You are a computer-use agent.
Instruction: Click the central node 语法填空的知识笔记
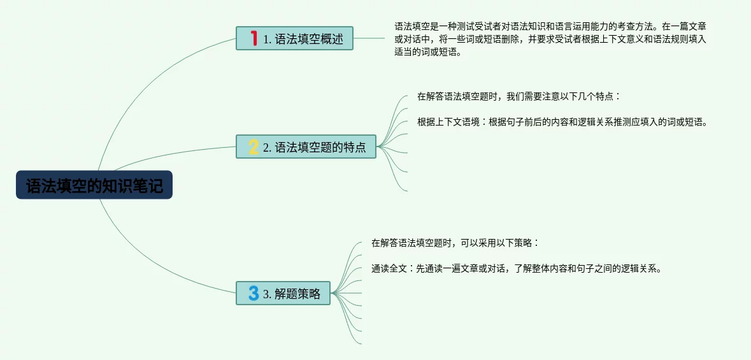[94, 185]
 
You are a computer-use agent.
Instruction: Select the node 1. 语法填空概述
[294, 38]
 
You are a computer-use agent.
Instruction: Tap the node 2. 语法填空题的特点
[306, 147]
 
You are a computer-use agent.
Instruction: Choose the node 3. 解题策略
[283, 293]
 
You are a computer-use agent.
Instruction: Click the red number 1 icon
[254, 38]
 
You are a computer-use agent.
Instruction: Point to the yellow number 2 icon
[254, 147]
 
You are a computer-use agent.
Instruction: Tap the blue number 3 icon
[254, 293]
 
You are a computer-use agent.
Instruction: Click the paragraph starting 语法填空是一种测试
[550, 40]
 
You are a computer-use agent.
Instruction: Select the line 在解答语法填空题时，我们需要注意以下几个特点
[519, 97]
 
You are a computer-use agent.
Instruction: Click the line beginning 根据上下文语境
[562, 122]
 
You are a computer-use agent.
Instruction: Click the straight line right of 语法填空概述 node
[369, 38]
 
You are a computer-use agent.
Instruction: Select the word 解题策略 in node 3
[297, 294]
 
